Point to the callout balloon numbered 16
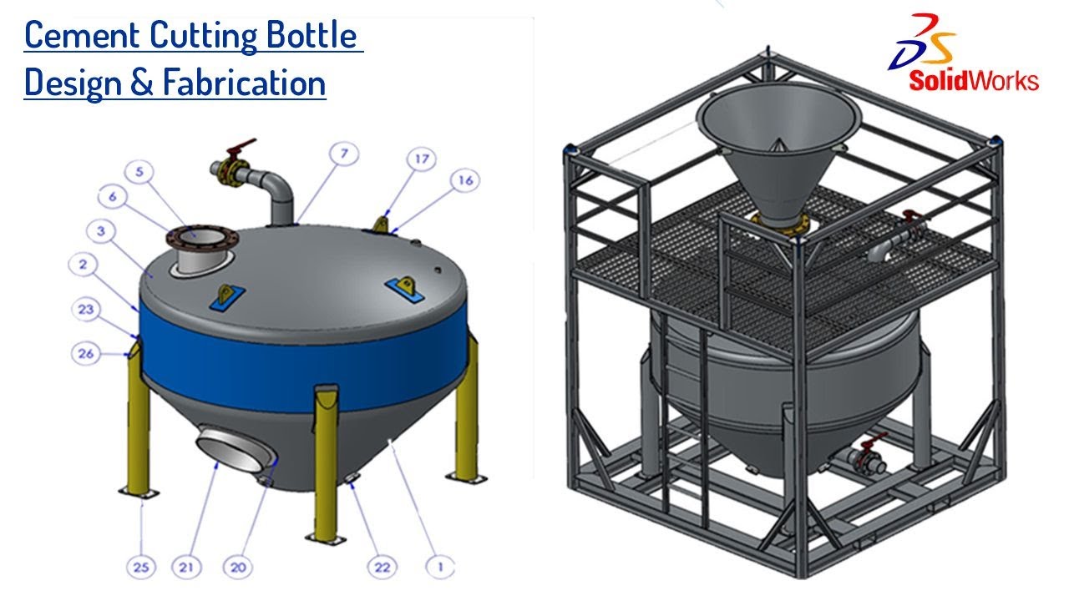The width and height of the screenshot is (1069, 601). (x=466, y=179)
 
